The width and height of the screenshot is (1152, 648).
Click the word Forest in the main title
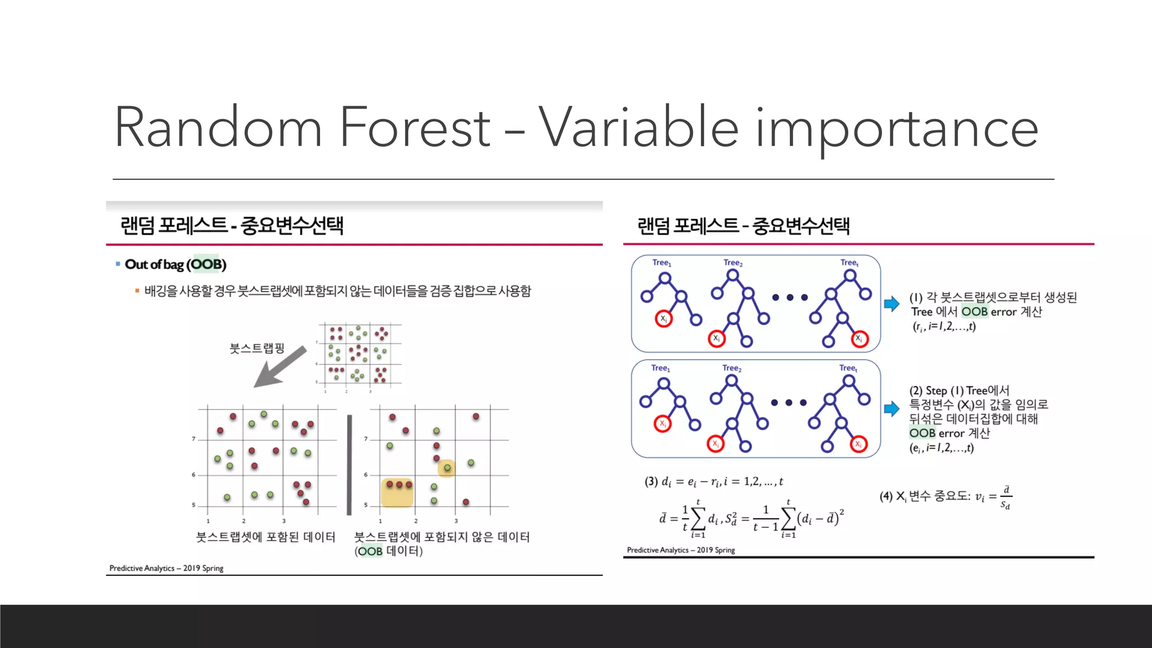(x=415, y=128)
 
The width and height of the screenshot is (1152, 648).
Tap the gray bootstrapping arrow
(x=280, y=367)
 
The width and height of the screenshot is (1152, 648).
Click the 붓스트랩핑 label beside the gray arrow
(x=256, y=348)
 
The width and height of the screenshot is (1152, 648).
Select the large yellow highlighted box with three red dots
(x=398, y=492)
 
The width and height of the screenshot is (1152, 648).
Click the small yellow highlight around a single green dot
(x=447, y=468)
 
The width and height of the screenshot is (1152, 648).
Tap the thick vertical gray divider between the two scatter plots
(x=349, y=465)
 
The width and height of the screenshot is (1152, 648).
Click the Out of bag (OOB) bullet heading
(x=175, y=264)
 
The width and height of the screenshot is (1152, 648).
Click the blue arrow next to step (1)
(x=892, y=304)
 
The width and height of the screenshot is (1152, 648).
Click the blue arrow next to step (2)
(x=892, y=409)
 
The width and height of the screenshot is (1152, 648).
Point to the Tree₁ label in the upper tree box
(x=661, y=263)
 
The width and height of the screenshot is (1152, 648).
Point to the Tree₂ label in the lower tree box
(x=732, y=368)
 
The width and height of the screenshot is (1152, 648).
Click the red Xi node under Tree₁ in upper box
(x=664, y=319)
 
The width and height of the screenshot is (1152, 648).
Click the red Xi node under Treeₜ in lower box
(x=858, y=444)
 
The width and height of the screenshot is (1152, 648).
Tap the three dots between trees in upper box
(x=790, y=298)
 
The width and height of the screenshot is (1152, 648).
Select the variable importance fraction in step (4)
(x=1006, y=497)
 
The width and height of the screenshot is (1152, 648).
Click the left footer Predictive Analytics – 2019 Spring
(x=166, y=568)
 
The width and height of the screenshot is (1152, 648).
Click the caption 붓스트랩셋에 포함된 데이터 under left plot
(x=265, y=537)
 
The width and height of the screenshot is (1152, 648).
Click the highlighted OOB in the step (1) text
(x=974, y=312)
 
